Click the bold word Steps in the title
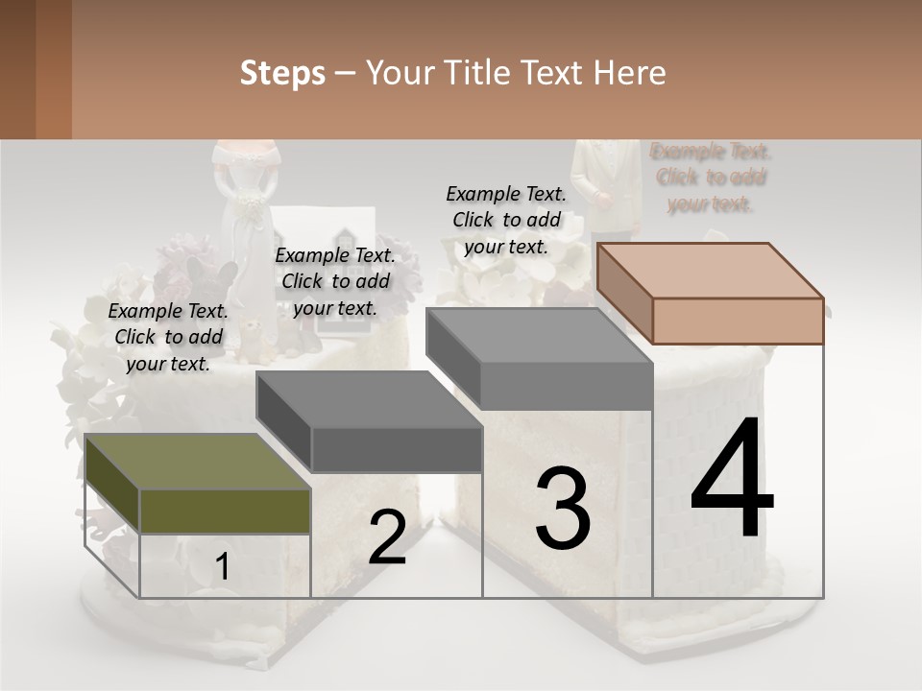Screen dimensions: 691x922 tap(282, 73)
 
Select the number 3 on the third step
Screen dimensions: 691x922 tap(563, 508)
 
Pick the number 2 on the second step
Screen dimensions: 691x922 tap(387, 536)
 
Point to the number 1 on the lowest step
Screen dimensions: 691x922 tap(223, 567)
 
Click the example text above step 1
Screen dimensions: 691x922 tap(169, 337)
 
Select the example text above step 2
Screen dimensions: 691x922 tap(335, 281)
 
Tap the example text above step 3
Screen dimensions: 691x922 tap(506, 220)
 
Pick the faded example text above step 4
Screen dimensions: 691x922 tap(711, 178)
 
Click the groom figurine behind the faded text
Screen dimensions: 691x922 tap(605, 187)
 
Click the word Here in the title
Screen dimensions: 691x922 tap(630, 73)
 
